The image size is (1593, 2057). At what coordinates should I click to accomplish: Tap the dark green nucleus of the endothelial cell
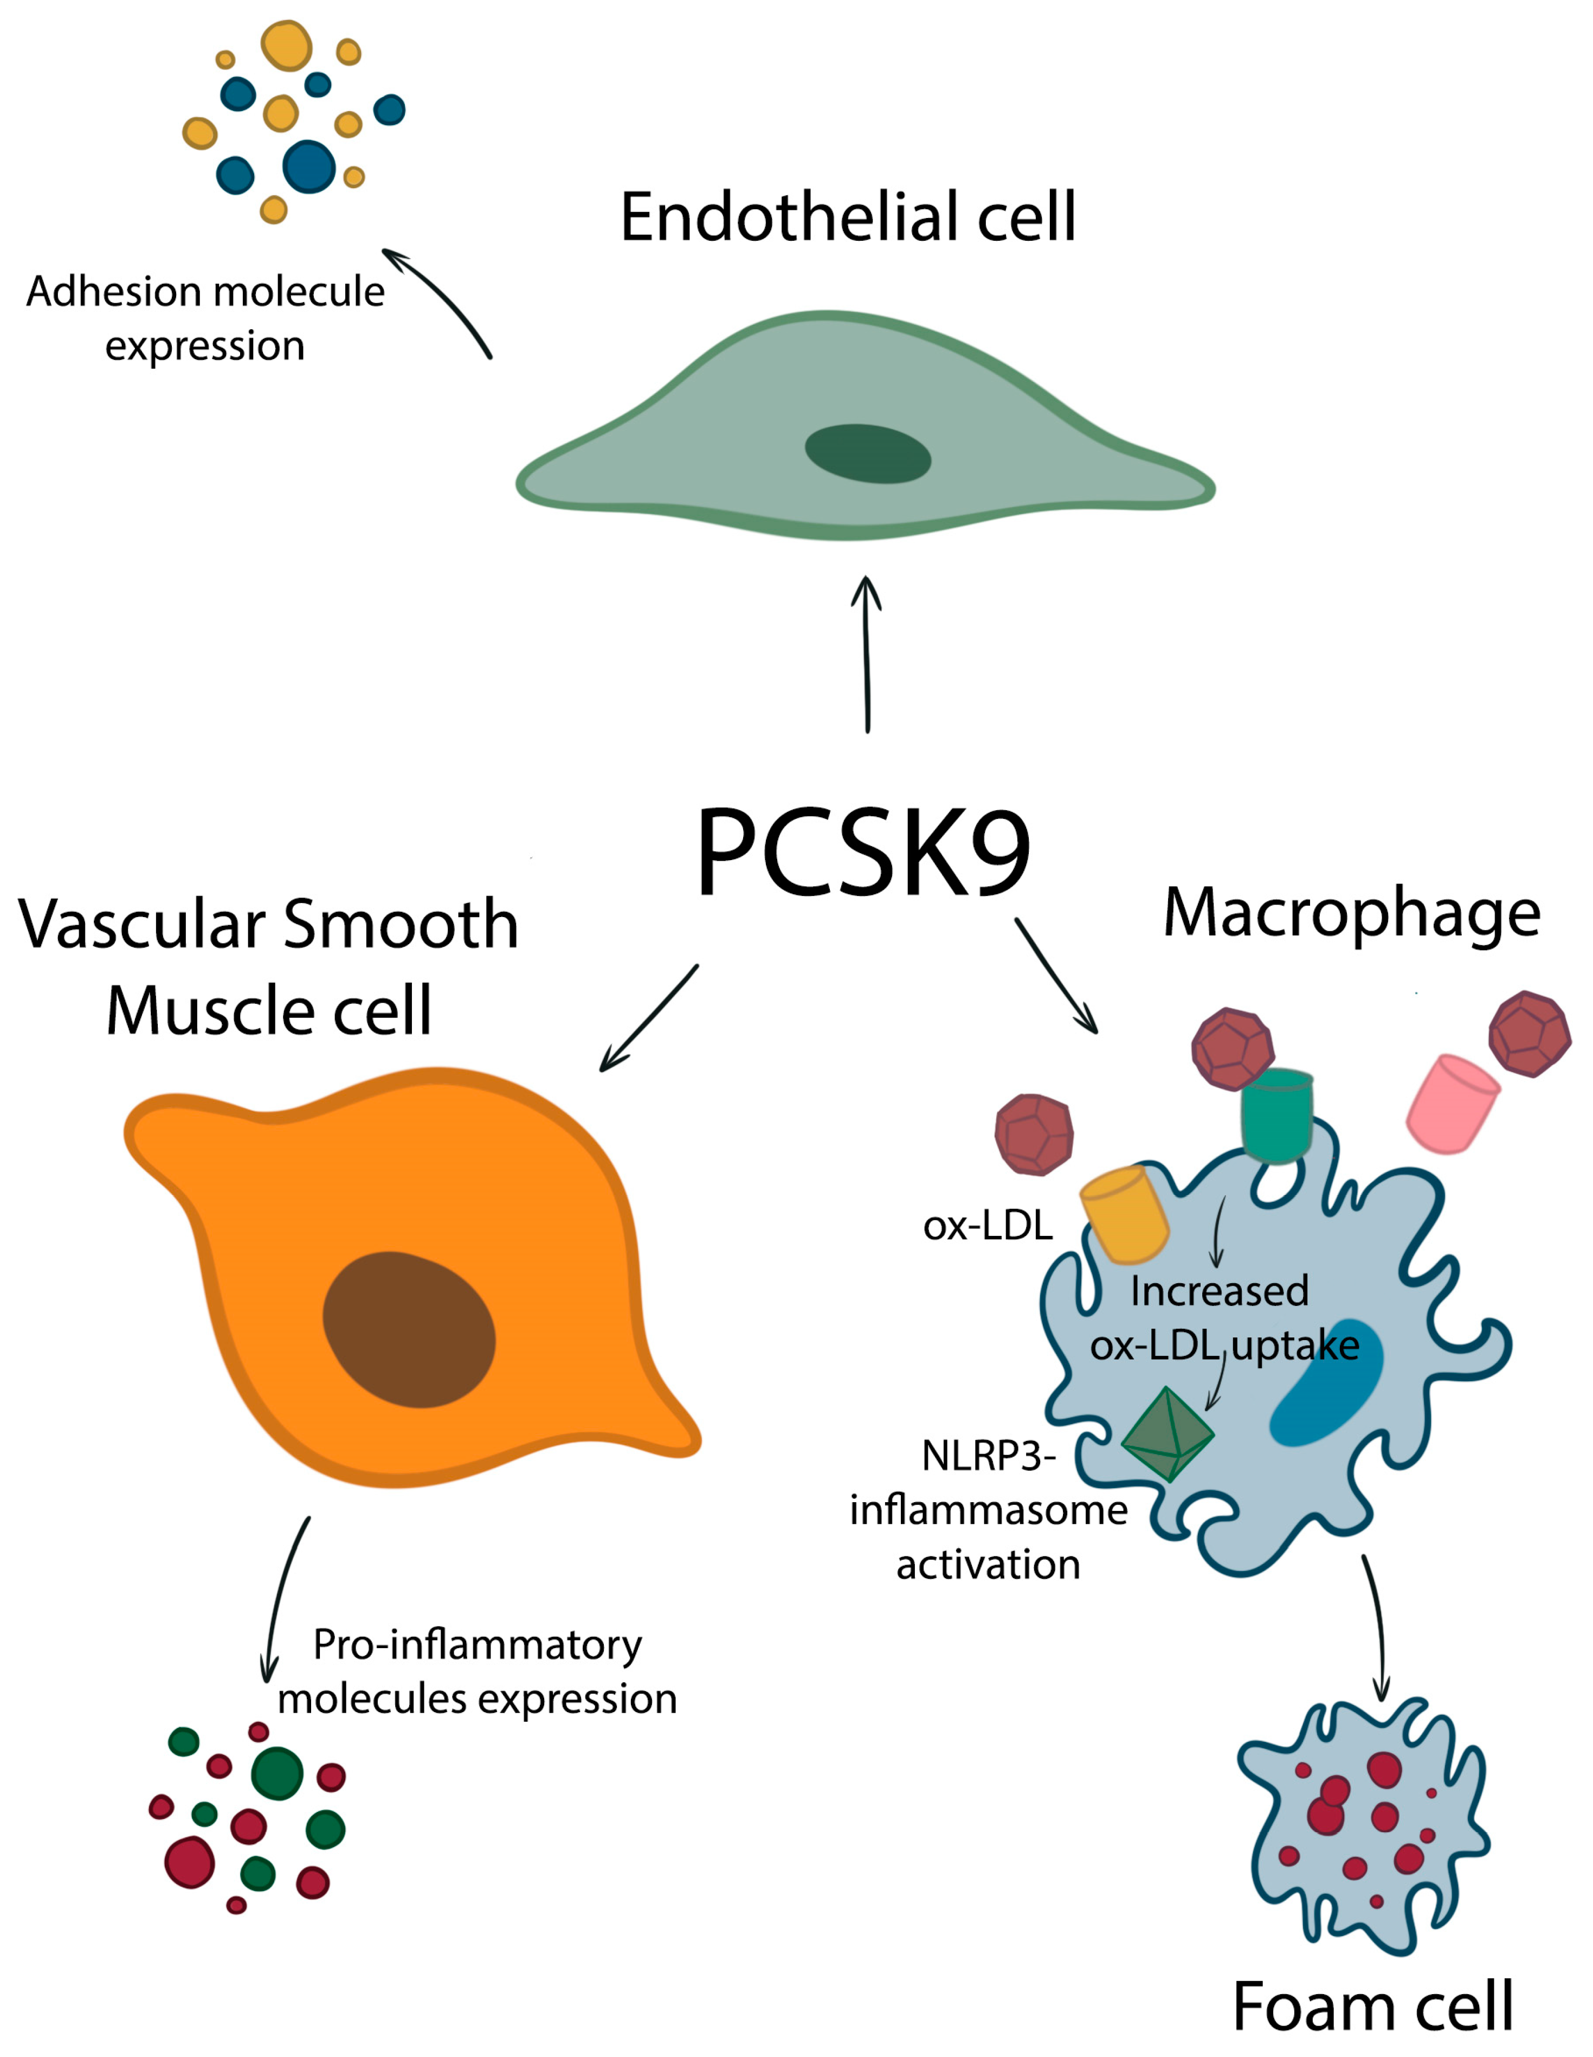point(867,454)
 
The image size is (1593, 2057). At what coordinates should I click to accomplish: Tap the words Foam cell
point(1373,2006)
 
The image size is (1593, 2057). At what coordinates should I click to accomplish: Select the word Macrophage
point(1351,914)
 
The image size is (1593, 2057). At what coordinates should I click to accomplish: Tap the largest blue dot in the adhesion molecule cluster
point(309,166)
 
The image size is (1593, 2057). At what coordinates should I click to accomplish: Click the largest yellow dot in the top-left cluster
point(286,45)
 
